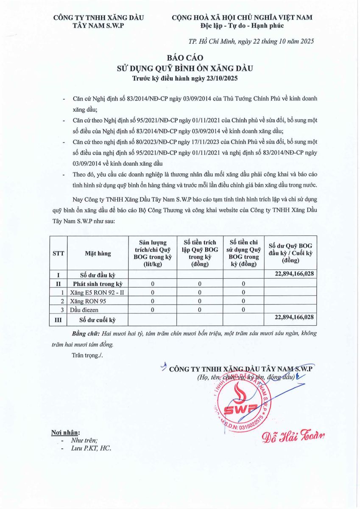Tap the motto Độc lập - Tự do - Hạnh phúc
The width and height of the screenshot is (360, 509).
pyautogui.click(x=242, y=26)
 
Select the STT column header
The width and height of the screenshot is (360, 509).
pyautogui.click(x=59, y=253)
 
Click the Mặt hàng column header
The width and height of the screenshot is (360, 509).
pyautogui.click(x=98, y=253)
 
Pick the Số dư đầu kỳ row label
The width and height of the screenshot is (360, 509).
pyautogui.click(x=98, y=274)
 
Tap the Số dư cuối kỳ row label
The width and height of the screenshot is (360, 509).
pyautogui.click(x=98, y=319)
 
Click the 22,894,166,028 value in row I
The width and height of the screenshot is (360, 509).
pyautogui.click(x=290, y=274)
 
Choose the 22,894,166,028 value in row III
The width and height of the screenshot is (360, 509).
pyautogui.click(x=290, y=317)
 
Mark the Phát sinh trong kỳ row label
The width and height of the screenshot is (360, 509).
pyautogui.click(x=98, y=283)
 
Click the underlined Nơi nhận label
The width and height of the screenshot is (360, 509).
pyautogui.click(x=65, y=433)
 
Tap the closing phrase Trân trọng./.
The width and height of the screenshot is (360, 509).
pyautogui.click(x=87, y=355)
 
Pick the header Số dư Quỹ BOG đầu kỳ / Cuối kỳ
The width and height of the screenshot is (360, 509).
pyautogui.click(x=290, y=253)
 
